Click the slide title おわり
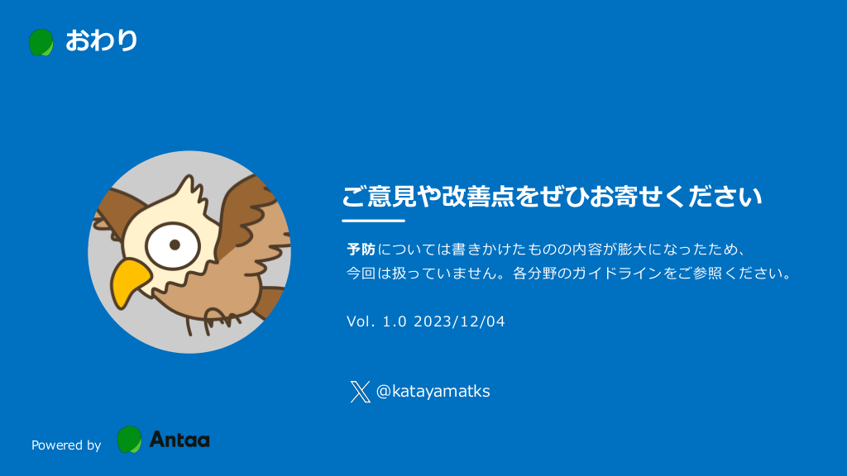click(x=101, y=41)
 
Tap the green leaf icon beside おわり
click(x=41, y=43)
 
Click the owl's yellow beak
click(x=129, y=283)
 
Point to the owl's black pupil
click(x=175, y=245)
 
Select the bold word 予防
click(x=361, y=250)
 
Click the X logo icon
click(x=361, y=392)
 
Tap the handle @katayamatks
click(x=433, y=391)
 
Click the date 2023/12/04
click(x=459, y=321)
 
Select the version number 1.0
click(x=395, y=321)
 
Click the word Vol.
click(x=361, y=321)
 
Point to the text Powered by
click(x=66, y=445)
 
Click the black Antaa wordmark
click(x=179, y=440)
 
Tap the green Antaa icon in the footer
click(x=129, y=440)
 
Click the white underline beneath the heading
click(x=373, y=221)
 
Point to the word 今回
click(x=361, y=274)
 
